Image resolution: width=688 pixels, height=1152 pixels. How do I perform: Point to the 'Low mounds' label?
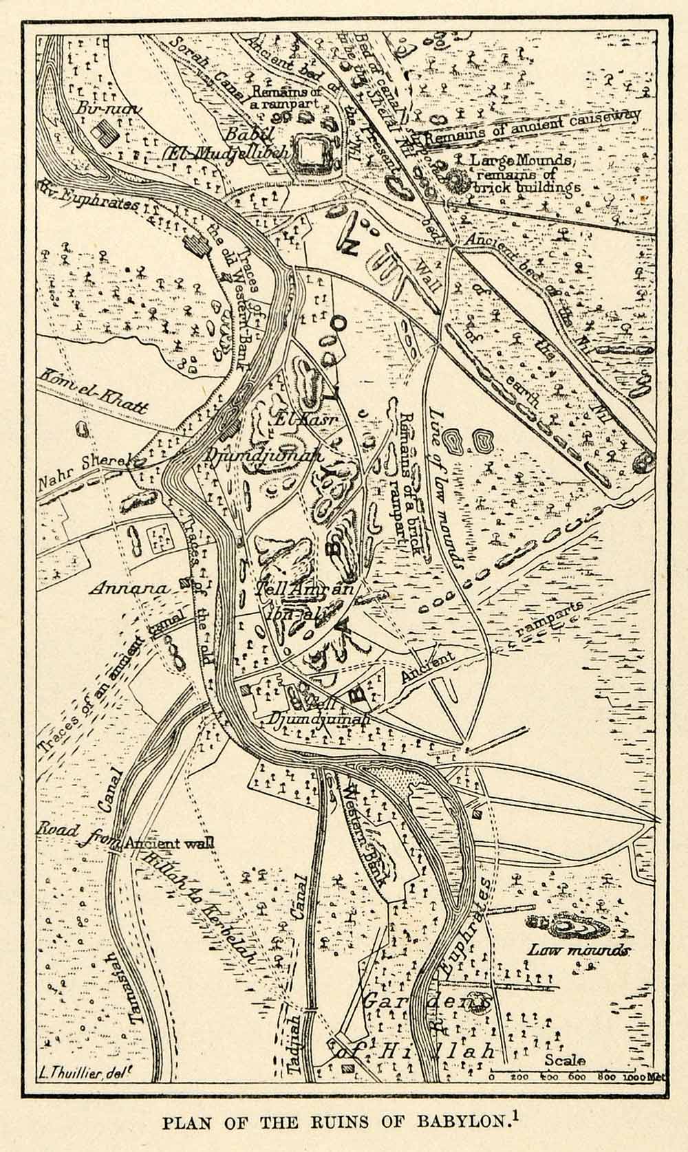[578, 950]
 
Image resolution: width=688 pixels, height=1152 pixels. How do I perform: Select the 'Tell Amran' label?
[303, 589]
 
